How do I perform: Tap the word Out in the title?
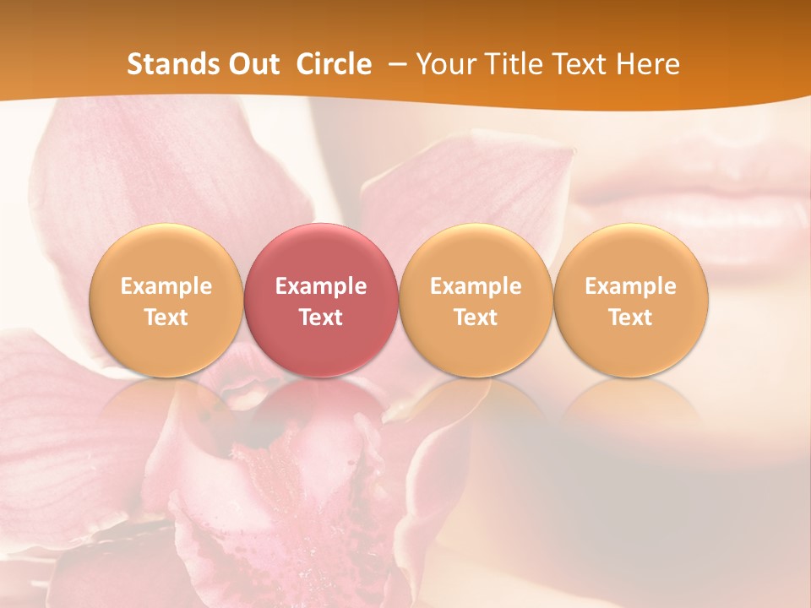pyautogui.click(x=251, y=64)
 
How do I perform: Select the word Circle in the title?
pyautogui.click(x=334, y=64)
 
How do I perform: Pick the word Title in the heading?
pyautogui.click(x=516, y=64)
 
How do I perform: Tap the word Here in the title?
pyautogui.click(x=650, y=64)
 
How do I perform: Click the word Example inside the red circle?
pyautogui.click(x=321, y=286)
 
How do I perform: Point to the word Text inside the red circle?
pyautogui.click(x=321, y=318)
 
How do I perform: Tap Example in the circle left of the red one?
pyautogui.click(x=166, y=286)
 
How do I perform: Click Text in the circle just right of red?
pyautogui.click(x=476, y=318)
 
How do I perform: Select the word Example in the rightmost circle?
pyautogui.click(x=630, y=286)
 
